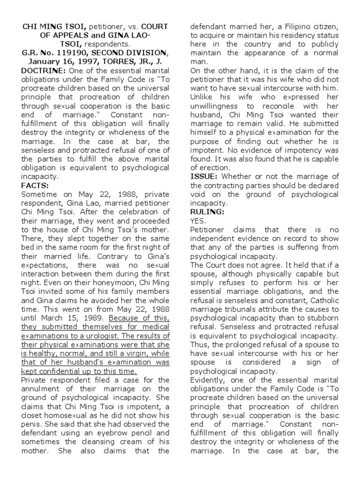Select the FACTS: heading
click(x=34, y=186)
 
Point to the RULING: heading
click(x=207, y=211)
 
